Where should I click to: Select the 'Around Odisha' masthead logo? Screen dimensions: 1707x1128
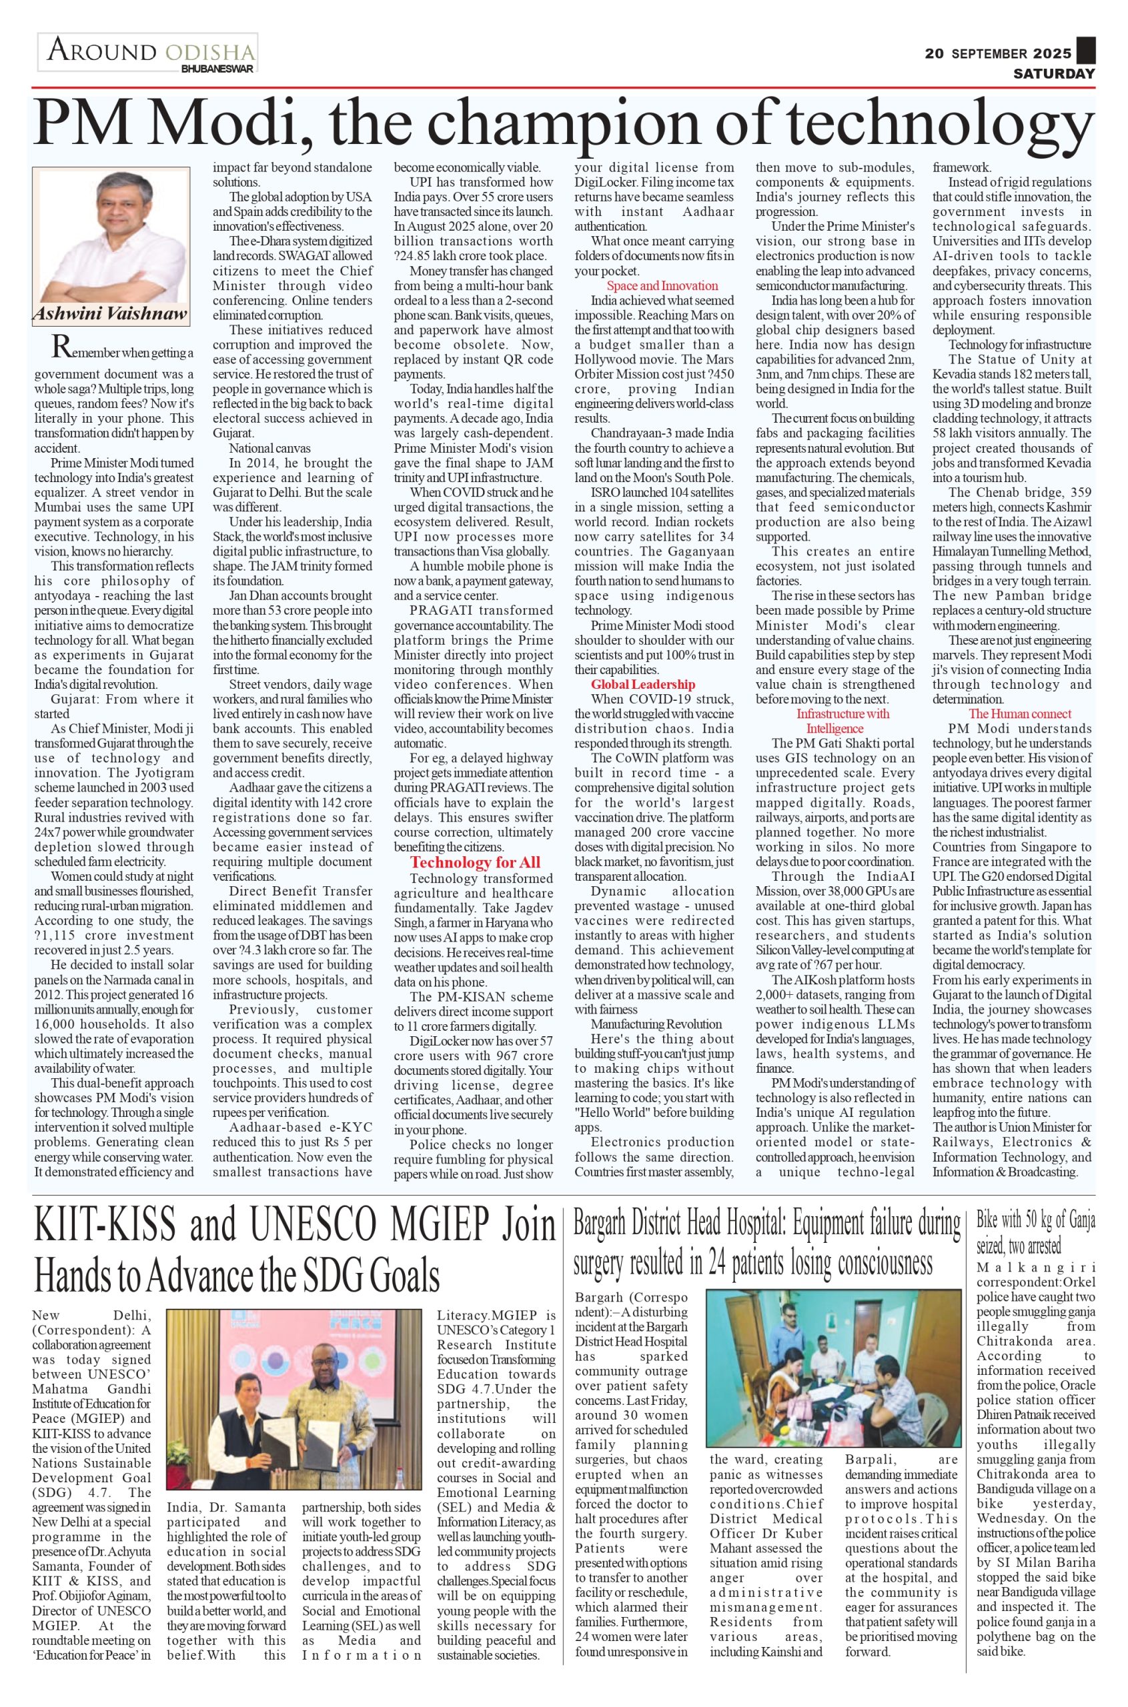(147, 53)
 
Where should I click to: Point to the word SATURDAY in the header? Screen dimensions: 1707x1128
(1054, 74)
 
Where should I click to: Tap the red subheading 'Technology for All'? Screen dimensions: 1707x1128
(475, 862)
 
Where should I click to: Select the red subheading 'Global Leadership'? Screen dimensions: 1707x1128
(643, 684)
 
